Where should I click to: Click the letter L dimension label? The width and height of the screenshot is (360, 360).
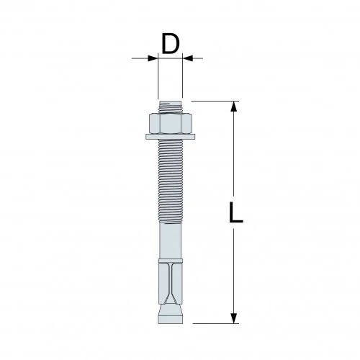(x=235, y=213)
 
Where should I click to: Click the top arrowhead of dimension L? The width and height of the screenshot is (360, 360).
(x=234, y=107)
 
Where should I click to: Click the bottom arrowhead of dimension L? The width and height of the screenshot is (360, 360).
(x=234, y=319)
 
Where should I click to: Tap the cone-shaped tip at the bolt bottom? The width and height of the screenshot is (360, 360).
(x=170, y=315)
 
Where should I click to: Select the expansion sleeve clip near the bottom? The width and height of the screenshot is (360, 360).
(x=170, y=284)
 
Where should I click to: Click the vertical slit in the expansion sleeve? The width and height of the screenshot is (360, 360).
(x=170, y=277)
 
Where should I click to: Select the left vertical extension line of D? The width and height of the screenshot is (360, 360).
(x=157, y=79)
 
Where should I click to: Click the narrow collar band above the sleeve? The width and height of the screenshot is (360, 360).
(x=170, y=257)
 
